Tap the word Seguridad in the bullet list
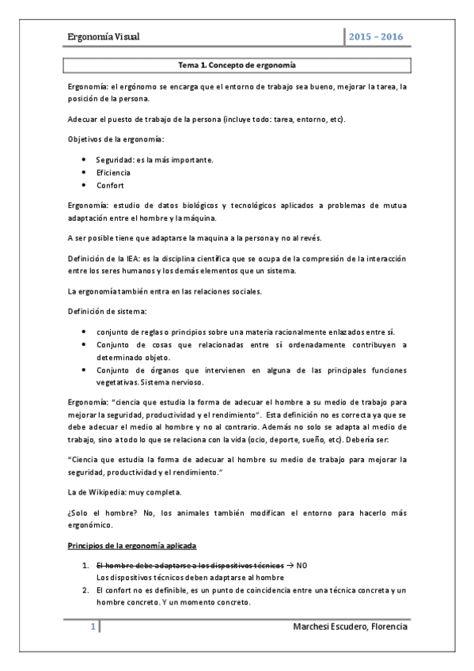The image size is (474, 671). tap(114, 161)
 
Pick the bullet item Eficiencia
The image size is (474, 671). tap(113, 172)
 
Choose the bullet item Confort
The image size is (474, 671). tap(111, 184)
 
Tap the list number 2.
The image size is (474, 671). tap(85, 590)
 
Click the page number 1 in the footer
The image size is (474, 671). tap(93, 628)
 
